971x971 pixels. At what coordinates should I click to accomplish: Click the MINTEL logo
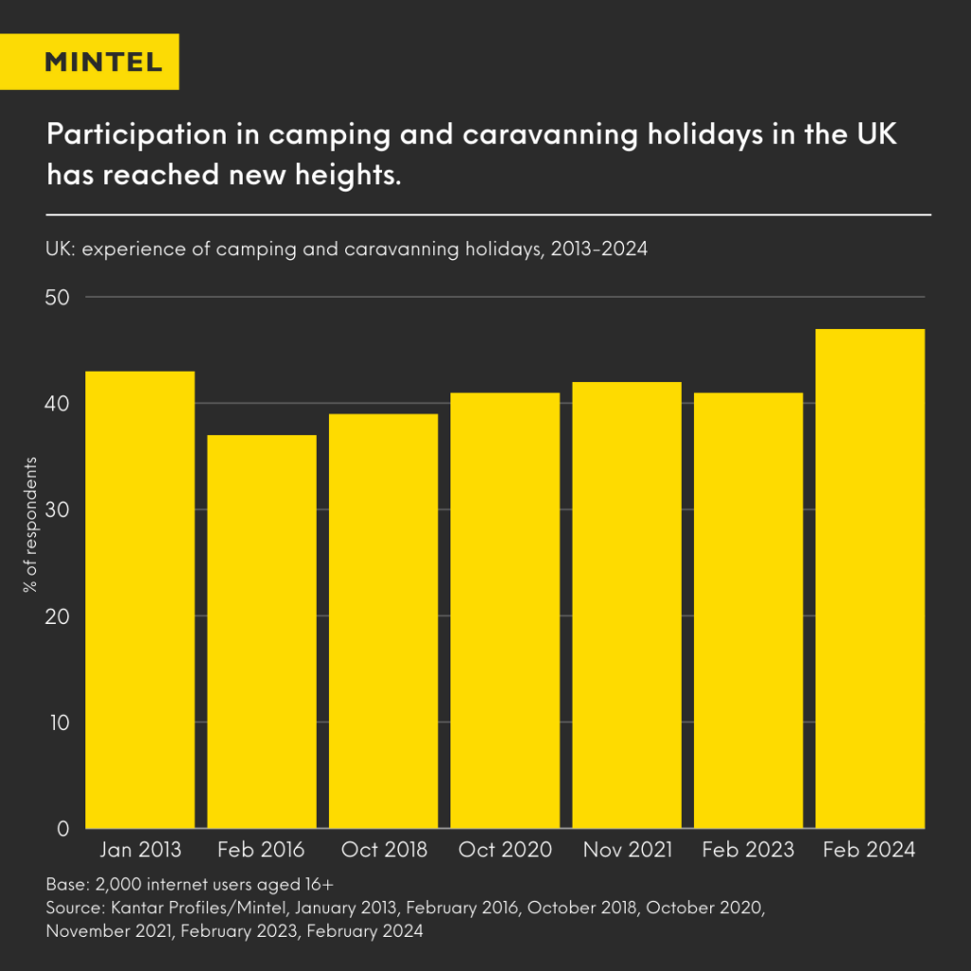[x=103, y=62]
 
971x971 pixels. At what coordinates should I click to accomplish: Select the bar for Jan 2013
[x=139, y=599]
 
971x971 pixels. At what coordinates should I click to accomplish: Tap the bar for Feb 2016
[x=262, y=632]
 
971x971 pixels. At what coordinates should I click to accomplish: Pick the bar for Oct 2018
[x=383, y=621]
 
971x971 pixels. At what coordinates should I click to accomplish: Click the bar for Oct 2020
[x=504, y=611]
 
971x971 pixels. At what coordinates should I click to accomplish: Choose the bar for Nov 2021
[x=627, y=605]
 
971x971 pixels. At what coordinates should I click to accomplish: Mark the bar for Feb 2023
[x=748, y=611]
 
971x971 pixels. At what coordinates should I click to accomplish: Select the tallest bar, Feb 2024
[x=870, y=578]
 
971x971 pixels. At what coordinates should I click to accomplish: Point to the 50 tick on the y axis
[x=58, y=298]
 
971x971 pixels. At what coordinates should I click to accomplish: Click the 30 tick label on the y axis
[x=58, y=510]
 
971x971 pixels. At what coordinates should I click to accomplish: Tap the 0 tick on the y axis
[x=64, y=829]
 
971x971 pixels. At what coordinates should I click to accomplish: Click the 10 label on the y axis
[x=59, y=723]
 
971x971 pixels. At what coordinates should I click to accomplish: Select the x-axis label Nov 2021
[x=627, y=850]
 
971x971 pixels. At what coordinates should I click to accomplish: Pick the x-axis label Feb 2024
[x=870, y=850]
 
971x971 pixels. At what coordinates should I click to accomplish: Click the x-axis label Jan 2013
[x=139, y=850]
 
